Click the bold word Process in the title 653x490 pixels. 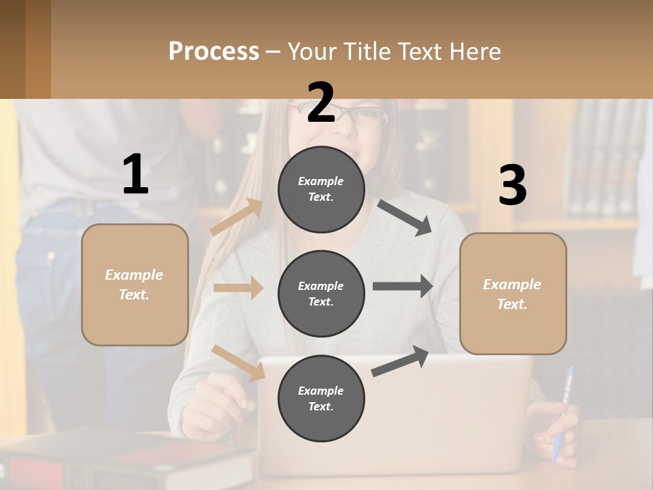pyautogui.click(x=214, y=51)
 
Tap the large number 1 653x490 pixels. pyautogui.click(x=135, y=175)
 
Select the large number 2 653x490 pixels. pyautogui.click(x=321, y=103)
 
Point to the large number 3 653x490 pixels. pyautogui.click(x=512, y=186)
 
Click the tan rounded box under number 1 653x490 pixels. pyautogui.click(x=135, y=284)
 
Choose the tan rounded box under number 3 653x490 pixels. pyautogui.click(x=513, y=293)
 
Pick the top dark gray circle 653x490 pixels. pyautogui.click(x=321, y=189)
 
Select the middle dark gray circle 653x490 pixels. pyautogui.click(x=321, y=293)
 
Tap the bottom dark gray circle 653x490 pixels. pyautogui.click(x=321, y=398)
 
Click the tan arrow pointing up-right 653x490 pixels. pyautogui.click(x=237, y=216)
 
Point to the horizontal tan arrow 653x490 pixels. pyautogui.click(x=238, y=288)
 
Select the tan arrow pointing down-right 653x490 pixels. pyautogui.click(x=238, y=363)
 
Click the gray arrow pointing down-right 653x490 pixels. pyautogui.click(x=405, y=217)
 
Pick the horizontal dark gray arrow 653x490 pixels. pyautogui.click(x=403, y=286)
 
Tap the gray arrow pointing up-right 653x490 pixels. pyautogui.click(x=400, y=361)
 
